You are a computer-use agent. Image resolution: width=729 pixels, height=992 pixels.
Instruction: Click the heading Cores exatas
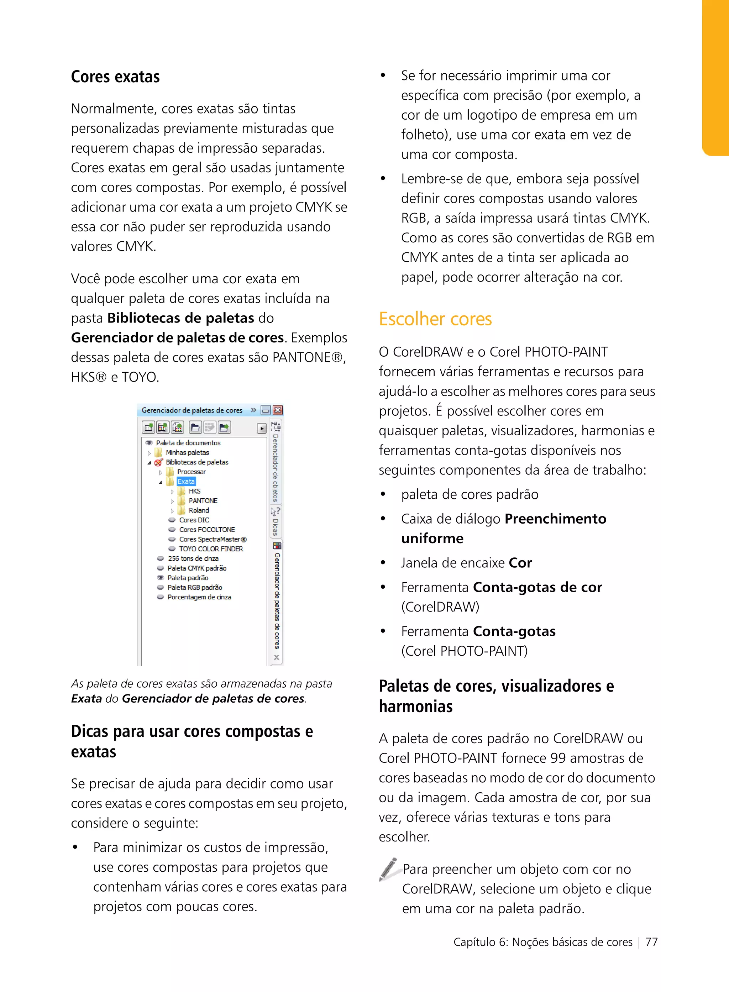point(115,77)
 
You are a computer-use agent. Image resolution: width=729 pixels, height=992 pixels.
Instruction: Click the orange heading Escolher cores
point(435,319)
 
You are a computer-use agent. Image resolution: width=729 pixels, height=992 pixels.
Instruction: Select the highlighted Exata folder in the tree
point(186,482)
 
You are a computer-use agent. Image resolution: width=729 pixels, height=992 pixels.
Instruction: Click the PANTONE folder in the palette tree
point(203,501)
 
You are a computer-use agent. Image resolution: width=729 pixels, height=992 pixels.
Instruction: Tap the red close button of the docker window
point(278,410)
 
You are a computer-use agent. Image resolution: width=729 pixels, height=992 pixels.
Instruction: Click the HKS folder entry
point(194,491)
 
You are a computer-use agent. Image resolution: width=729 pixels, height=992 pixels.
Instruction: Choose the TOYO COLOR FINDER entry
point(210,549)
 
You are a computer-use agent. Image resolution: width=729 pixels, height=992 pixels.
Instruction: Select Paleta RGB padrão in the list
point(195,587)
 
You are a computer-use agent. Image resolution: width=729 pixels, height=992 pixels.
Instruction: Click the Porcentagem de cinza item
point(199,597)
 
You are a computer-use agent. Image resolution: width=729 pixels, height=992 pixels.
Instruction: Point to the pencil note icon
point(389,869)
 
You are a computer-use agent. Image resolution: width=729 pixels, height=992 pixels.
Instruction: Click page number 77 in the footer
point(651,942)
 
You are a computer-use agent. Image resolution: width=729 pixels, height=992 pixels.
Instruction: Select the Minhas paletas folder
point(187,452)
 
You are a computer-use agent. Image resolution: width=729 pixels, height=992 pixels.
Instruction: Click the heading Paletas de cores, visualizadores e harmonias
point(495,696)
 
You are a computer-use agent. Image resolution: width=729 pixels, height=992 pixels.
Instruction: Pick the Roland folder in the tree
point(199,510)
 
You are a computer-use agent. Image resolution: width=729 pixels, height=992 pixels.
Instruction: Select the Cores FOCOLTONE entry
point(206,530)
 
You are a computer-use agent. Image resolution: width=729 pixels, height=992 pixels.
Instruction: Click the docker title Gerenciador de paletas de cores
point(192,410)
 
